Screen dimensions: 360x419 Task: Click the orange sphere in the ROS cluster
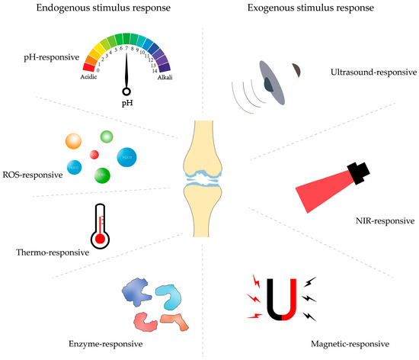pyautogui.click(x=73, y=142)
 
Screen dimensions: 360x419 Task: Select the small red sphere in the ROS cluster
pyautogui.click(x=94, y=154)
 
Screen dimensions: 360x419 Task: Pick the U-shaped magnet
pyautogui.click(x=278, y=301)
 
